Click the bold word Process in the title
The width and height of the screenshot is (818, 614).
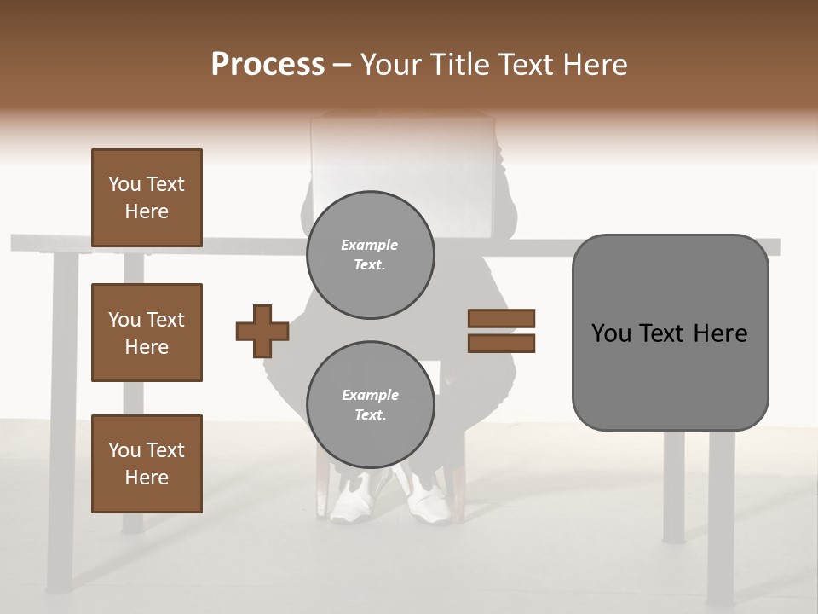click(x=268, y=65)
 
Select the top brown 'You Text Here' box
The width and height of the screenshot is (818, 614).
click(x=147, y=198)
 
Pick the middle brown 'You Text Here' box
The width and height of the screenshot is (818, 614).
click(x=147, y=333)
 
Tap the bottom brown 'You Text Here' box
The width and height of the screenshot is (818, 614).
click(x=147, y=464)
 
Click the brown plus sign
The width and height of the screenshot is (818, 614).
click(x=262, y=331)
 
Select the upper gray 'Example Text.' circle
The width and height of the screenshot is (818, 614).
click(x=370, y=255)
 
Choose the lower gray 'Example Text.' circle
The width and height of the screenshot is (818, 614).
click(x=370, y=405)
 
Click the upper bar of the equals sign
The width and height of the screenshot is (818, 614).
click(x=502, y=318)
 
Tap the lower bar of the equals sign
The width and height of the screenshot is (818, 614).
click(x=502, y=344)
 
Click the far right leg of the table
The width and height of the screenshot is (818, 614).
click(x=721, y=512)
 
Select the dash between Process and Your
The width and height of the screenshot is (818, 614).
click(x=342, y=65)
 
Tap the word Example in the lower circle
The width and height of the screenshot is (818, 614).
click(x=370, y=395)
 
